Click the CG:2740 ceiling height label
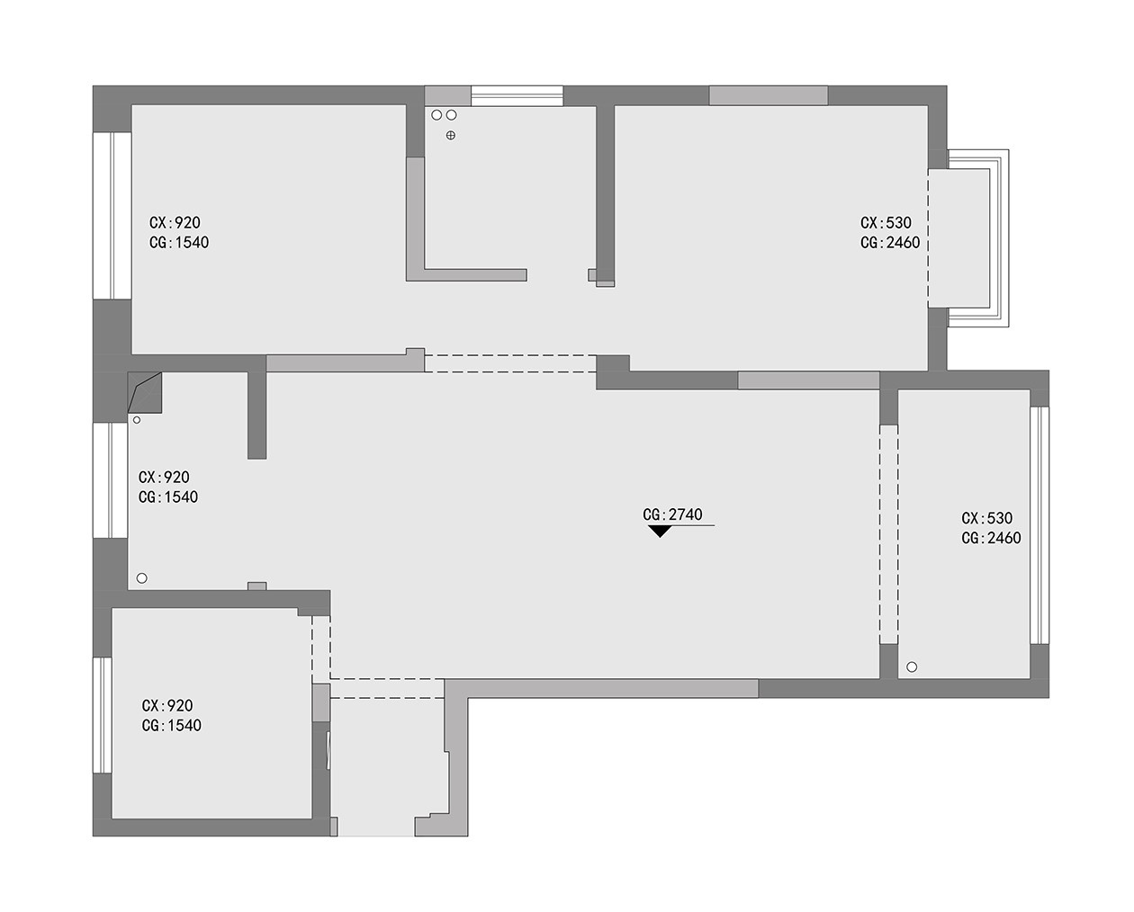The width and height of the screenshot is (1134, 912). coord(672,514)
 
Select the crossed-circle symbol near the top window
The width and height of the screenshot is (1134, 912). coord(451,135)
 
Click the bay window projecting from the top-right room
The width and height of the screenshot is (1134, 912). coord(968,238)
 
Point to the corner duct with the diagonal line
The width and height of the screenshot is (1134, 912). coord(145,392)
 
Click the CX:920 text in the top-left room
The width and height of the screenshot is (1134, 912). coord(175,223)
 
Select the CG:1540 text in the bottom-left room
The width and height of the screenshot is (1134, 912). coord(172,726)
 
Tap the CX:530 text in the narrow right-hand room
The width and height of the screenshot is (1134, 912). coord(987,518)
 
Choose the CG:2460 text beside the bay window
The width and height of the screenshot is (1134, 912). coord(890,243)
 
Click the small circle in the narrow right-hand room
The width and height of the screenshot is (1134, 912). coord(912,667)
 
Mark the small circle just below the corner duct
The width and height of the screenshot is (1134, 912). coord(137,420)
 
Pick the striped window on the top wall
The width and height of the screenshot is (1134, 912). coord(517,96)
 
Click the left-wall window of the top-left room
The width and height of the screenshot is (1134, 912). coord(112,216)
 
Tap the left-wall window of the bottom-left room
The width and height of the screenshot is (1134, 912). coord(103,715)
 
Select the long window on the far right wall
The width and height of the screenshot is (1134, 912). coord(1039,525)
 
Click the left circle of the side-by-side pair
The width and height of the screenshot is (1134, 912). coord(436,115)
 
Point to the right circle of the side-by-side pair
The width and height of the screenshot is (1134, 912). coord(451,115)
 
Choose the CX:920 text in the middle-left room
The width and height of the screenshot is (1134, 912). coord(164,478)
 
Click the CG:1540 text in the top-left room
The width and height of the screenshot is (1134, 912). coord(179,243)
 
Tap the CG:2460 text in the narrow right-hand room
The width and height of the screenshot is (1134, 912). coord(991,538)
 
